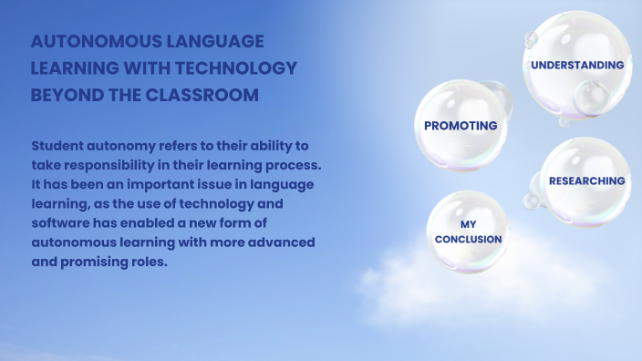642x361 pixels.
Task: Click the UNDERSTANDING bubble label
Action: pos(577,66)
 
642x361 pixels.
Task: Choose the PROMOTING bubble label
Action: pos(461,126)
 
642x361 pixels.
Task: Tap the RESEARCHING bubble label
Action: pos(586,180)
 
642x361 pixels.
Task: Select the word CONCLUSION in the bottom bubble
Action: pos(468,240)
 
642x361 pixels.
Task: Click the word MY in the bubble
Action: pos(468,224)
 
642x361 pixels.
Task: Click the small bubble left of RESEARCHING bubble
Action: pos(531,201)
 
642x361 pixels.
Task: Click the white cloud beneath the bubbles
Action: pos(438,292)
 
